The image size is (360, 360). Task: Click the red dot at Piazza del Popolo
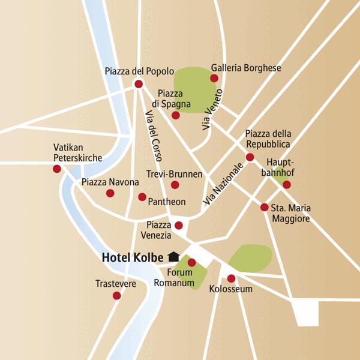(x=139, y=84)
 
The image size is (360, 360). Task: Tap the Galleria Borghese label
(x=246, y=68)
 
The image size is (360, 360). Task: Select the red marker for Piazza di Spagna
(x=175, y=115)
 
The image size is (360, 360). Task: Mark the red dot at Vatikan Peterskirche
(x=57, y=169)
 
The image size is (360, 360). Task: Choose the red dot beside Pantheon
(x=142, y=197)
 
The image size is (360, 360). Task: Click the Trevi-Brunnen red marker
(x=175, y=185)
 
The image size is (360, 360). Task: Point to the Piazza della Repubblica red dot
(x=250, y=157)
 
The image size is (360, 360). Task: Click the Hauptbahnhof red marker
(x=287, y=184)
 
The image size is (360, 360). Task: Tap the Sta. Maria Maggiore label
(x=292, y=214)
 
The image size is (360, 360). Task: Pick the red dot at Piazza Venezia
(x=178, y=225)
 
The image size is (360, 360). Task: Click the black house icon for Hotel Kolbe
(x=174, y=256)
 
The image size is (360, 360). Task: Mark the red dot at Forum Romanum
(x=191, y=262)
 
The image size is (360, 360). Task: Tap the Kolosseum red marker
(x=231, y=278)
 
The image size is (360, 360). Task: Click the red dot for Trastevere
(x=116, y=295)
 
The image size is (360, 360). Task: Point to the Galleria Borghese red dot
(x=214, y=78)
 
